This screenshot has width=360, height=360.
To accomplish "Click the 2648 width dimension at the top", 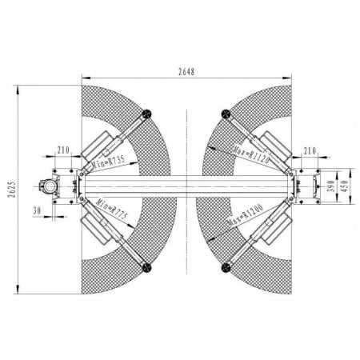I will click(186, 71).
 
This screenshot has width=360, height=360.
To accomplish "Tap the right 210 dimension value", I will click(311, 149).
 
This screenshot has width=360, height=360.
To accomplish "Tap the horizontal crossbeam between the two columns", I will click(186, 185).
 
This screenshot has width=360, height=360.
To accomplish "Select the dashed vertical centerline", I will click(186, 240).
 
